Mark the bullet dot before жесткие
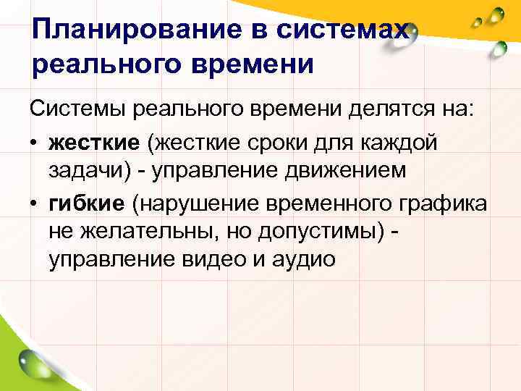[35, 143]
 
